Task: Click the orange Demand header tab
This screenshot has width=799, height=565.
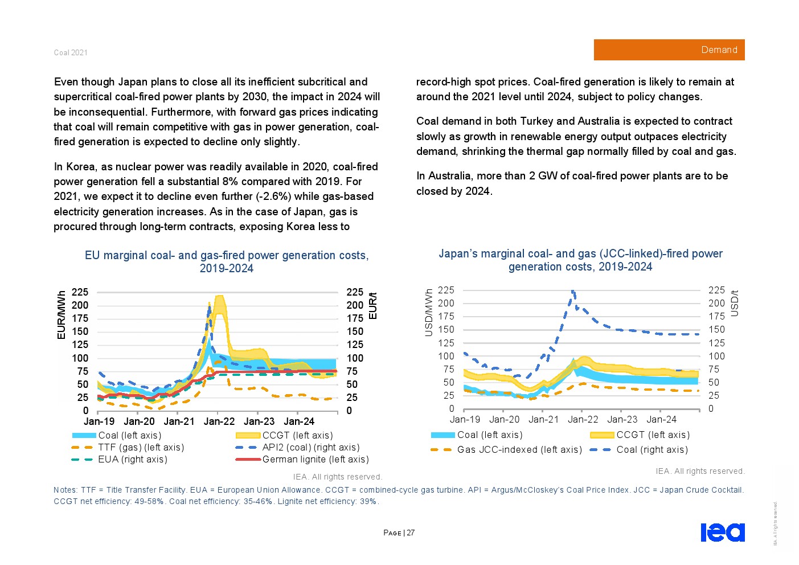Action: point(669,50)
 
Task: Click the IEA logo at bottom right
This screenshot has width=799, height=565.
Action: point(722,532)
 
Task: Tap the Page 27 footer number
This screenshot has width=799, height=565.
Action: point(399,533)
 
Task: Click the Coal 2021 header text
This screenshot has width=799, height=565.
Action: point(71,52)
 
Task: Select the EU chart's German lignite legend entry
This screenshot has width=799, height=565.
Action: point(315,459)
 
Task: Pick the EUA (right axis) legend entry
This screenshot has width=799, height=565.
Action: point(132,459)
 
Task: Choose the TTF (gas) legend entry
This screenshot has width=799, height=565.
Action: point(141,447)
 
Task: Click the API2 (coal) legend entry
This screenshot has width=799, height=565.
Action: point(310,447)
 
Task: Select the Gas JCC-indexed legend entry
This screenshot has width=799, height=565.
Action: point(519,449)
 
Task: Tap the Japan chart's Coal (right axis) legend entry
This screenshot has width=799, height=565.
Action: point(652,449)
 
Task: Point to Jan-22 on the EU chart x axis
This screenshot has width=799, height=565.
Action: point(219,421)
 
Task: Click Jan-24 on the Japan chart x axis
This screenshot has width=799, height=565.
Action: point(662,419)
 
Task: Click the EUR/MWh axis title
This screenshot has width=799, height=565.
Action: point(61,315)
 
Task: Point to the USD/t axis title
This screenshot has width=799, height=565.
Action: point(735,304)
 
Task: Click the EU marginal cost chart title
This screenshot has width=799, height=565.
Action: point(227,261)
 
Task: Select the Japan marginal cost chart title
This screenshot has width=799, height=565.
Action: point(580,260)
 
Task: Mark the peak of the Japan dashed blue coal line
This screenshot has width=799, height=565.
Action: point(573,292)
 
